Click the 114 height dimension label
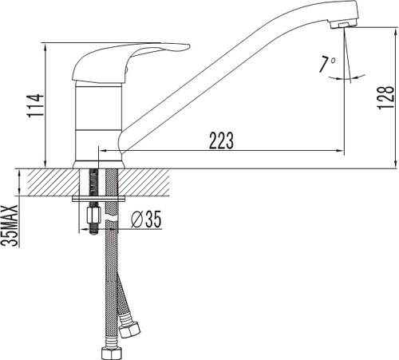35,105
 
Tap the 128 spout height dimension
385,97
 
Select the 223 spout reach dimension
221,140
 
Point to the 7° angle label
327,65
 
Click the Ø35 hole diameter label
146,220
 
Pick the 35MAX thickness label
10,226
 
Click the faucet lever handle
125,62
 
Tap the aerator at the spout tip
344,25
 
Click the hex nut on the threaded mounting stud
94,216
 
